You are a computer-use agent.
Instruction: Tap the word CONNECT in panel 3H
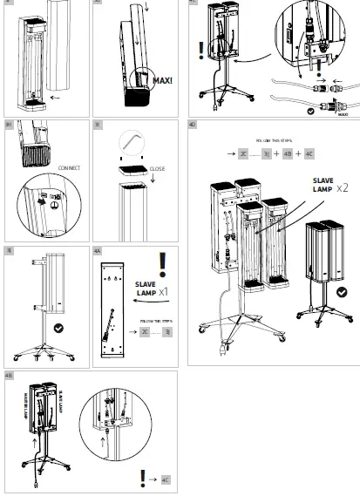(71, 166)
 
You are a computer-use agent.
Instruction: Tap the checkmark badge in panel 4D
(341, 292)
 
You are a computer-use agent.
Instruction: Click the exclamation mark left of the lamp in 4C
(201, 48)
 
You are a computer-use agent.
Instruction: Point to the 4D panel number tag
(193, 126)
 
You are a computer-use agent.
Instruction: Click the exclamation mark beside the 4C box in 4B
(143, 478)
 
